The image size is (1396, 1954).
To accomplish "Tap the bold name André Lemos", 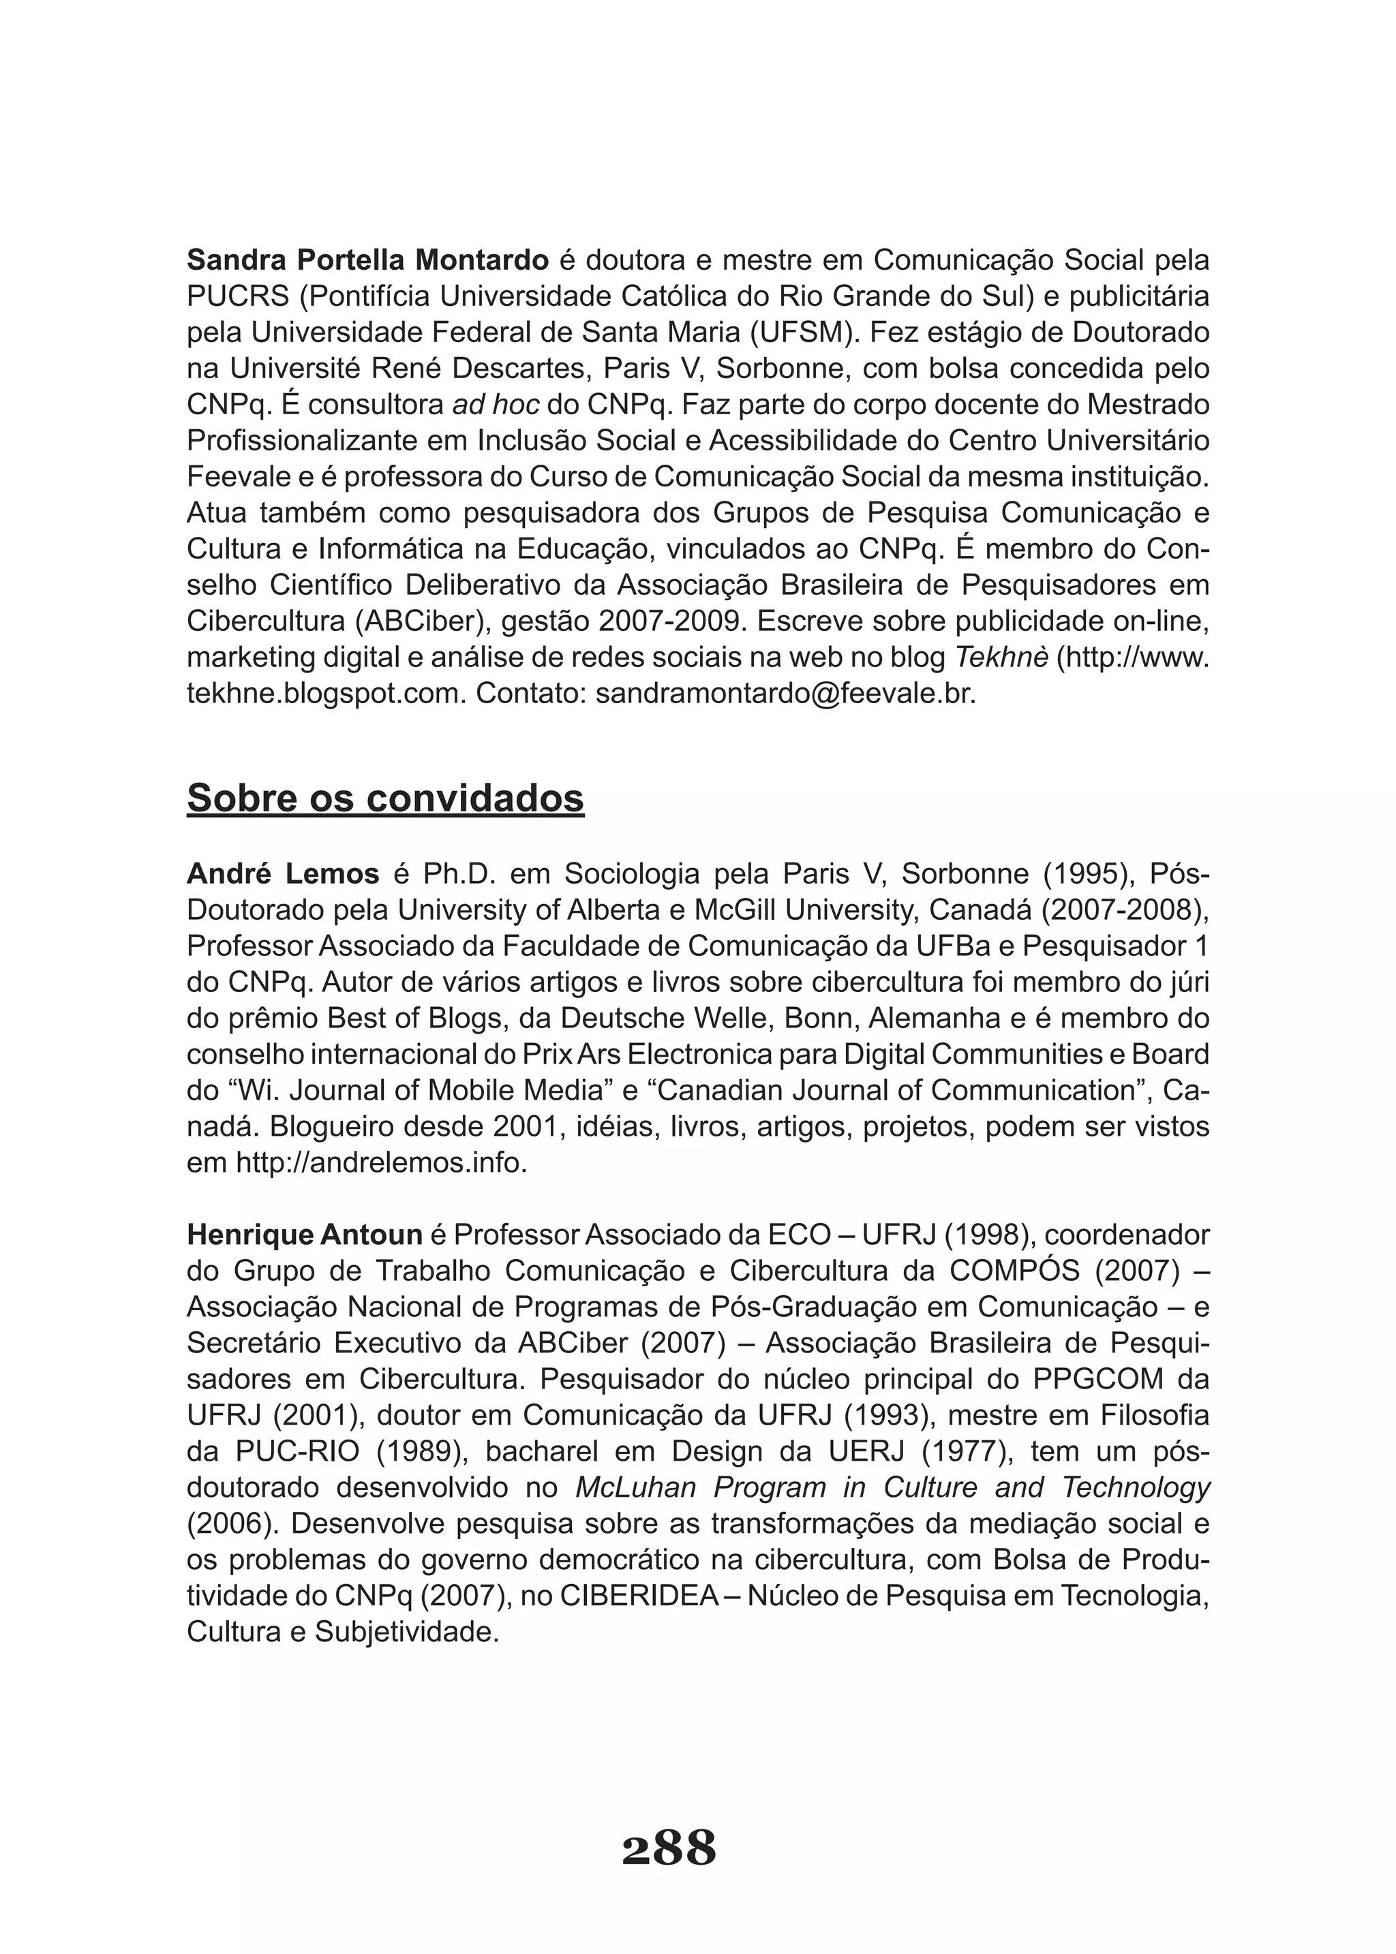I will [283, 874].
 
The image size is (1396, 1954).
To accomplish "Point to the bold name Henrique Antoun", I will [304, 1236].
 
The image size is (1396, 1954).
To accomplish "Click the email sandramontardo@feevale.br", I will [786, 694].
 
